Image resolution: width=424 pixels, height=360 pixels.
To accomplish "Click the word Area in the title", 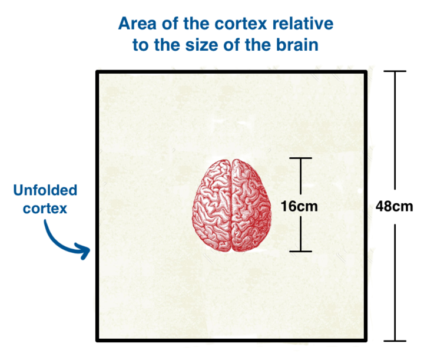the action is pyautogui.click(x=137, y=24).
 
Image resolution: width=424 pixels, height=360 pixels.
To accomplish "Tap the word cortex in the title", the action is pyautogui.click(x=241, y=24).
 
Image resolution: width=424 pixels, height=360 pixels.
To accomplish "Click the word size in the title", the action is pyautogui.click(x=201, y=45).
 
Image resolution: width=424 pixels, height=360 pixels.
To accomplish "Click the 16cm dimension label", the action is pyautogui.click(x=299, y=206).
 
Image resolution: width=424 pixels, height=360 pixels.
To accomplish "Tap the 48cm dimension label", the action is pyautogui.click(x=394, y=206).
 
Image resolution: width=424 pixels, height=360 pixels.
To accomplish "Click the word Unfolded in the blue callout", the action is pyautogui.click(x=45, y=190).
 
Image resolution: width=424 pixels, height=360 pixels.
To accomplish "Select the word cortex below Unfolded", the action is pyautogui.click(x=45, y=209).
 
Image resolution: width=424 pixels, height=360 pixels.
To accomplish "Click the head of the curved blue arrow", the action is pyautogui.click(x=85, y=251).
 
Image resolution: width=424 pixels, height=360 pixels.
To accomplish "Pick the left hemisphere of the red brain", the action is pyautogui.click(x=212, y=206).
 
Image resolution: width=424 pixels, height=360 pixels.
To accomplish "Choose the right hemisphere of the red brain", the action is pyautogui.click(x=251, y=206).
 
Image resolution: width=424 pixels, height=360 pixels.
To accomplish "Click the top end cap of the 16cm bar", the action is pyautogui.click(x=301, y=158).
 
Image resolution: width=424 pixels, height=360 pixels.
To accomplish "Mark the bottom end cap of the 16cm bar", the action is pyautogui.click(x=301, y=251).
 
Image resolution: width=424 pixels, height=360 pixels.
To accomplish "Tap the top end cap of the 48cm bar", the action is pyautogui.click(x=395, y=71).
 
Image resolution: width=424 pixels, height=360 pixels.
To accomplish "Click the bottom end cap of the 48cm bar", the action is pyautogui.click(x=395, y=341).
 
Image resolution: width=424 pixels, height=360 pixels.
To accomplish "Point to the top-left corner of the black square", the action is pyautogui.click(x=97, y=72).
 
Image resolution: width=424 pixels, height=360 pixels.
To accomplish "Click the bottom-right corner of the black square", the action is pyautogui.click(x=366, y=341).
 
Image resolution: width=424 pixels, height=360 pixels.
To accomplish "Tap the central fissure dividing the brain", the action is pyautogui.click(x=231, y=206).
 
